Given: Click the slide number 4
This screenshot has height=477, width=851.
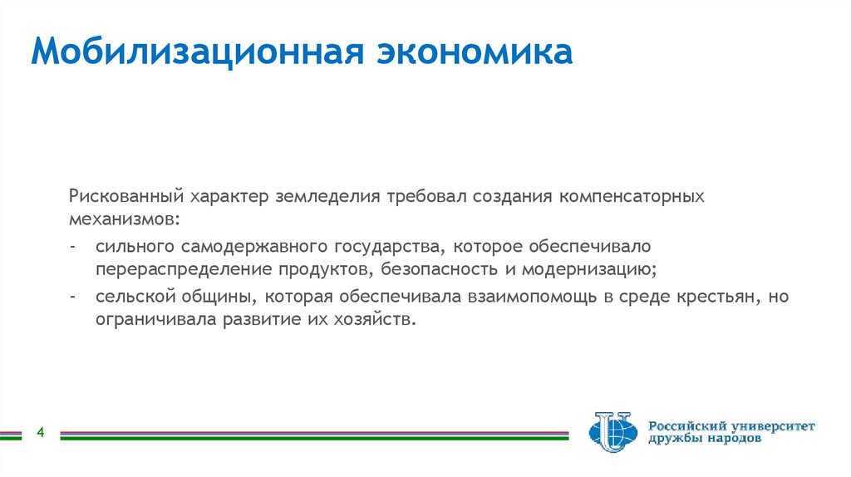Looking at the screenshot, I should (x=39, y=433).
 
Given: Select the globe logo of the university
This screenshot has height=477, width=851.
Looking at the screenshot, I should (x=612, y=432).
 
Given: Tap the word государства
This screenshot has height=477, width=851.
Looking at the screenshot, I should (x=391, y=248).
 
